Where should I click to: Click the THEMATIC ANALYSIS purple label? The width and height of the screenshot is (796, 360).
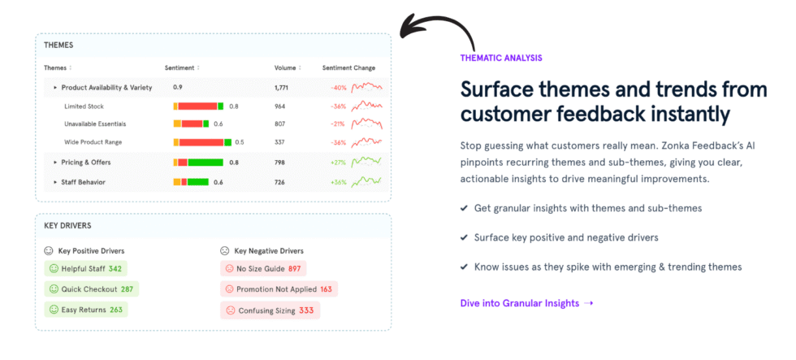[501, 58]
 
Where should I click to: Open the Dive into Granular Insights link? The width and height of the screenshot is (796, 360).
[526, 303]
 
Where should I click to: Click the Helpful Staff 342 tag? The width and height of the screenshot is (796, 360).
[85, 268]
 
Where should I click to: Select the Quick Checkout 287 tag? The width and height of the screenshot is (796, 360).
[91, 288]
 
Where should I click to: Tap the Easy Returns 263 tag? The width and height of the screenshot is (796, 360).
[85, 310]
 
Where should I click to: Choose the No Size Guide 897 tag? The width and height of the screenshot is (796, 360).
[263, 268]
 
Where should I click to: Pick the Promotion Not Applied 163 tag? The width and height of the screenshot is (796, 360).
[279, 289]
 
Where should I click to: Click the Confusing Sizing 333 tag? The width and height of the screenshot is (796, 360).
[270, 310]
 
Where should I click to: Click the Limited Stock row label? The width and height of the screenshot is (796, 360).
[84, 106]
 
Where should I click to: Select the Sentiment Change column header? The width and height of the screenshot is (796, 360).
[348, 67]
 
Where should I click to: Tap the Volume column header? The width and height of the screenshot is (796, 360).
[285, 67]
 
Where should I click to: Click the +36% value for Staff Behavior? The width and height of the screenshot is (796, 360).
[338, 182]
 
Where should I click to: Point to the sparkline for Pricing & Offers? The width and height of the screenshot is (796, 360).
[366, 162]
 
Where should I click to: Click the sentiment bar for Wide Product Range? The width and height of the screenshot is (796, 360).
[202, 142]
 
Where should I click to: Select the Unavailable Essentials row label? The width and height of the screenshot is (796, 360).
[94, 124]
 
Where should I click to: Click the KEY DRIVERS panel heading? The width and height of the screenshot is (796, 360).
[67, 225]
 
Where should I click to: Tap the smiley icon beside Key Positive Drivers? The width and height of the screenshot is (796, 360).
[48, 251]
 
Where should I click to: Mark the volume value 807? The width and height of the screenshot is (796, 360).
[279, 124]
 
